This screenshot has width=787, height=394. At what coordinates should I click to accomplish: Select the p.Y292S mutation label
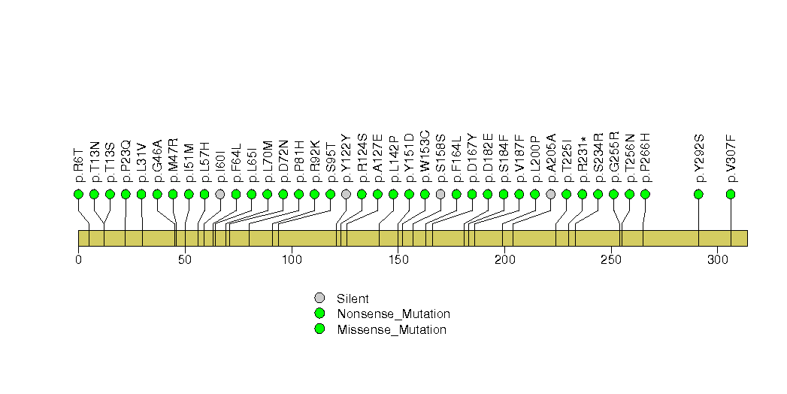pyautogui.click(x=698, y=158)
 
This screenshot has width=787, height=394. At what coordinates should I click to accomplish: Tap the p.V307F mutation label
pyautogui.click(x=731, y=158)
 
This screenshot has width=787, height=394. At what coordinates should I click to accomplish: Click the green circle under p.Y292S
pyautogui.click(x=698, y=194)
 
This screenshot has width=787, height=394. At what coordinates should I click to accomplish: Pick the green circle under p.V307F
pyautogui.click(x=731, y=194)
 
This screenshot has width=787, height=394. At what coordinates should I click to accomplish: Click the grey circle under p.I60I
pyautogui.click(x=220, y=194)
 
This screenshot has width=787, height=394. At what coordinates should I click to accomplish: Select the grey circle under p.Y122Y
pyautogui.click(x=346, y=194)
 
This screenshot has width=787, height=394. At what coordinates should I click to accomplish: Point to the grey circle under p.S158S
pyautogui.click(x=440, y=194)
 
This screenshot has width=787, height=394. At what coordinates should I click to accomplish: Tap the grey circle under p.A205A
pyautogui.click(x=550, y=194)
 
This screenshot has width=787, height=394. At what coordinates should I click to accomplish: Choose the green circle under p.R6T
pyautogui.click(x=78, y=194)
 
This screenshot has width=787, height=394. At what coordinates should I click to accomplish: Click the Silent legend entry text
pyautogui.click(x=353, y=299)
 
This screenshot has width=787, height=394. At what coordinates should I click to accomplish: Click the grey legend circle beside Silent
pyautogui.click(x=319, y=298)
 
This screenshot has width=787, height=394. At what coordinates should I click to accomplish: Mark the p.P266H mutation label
pyautogui.click(x=645, y=158)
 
